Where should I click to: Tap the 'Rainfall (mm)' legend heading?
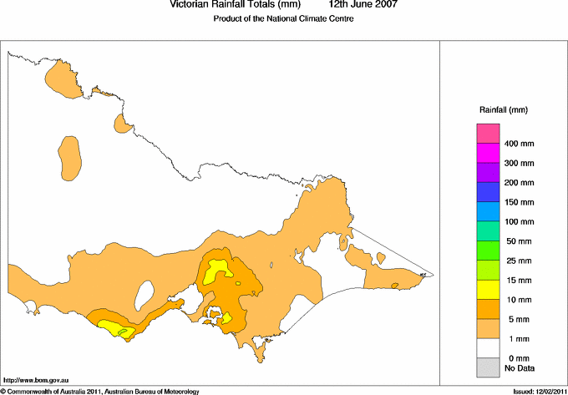[x=503, y=109]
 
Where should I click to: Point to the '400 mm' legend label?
[x=519, y=144]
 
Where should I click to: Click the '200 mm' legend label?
[x=519, y=183]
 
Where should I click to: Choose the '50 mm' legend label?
[x=517, y=241]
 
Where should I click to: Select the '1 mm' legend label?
[x=515, y=339]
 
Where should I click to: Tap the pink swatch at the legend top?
[x=488, y=134]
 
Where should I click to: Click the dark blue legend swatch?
[x=488, y=192]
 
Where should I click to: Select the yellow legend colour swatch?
[x=488, y=289]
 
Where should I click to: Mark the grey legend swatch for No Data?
[x=488, y=366]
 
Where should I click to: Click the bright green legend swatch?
[x=488, y=251]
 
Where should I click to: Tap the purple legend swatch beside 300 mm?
[x=488, y=173]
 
